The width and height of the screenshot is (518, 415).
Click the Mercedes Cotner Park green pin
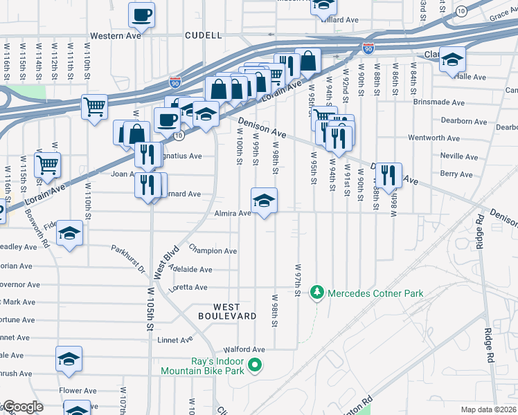coord(317,293)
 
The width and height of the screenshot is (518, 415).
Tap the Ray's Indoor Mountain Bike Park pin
coord(255,364)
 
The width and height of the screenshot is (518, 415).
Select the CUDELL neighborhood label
coord(204,35)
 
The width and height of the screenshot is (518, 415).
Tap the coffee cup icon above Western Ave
coord(141,15)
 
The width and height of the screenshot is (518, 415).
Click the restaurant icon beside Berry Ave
coord(389,176)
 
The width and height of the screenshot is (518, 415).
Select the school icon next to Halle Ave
coord(452,61)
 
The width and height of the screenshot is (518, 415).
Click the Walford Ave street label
coord(244,350)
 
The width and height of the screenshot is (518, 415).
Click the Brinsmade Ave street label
coord(436,102)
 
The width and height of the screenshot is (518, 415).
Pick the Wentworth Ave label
coord(434,138)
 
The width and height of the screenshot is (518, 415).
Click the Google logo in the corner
coord(22,407)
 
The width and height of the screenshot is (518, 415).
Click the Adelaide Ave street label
coord(190,270)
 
